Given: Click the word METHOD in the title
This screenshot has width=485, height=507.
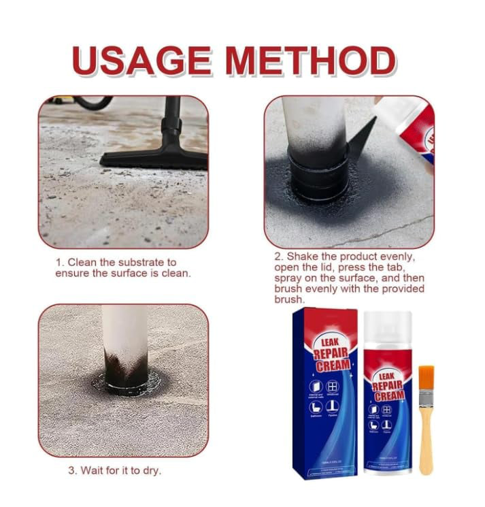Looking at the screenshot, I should tap(311, 61).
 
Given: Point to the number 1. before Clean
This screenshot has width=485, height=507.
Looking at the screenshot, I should tap(60, 262).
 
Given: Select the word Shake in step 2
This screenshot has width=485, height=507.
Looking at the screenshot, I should tap(302, 257).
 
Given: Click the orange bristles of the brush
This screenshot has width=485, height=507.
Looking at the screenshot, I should tap(426, 378).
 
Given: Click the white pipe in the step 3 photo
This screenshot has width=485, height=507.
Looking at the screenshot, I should tap(124, 330).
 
